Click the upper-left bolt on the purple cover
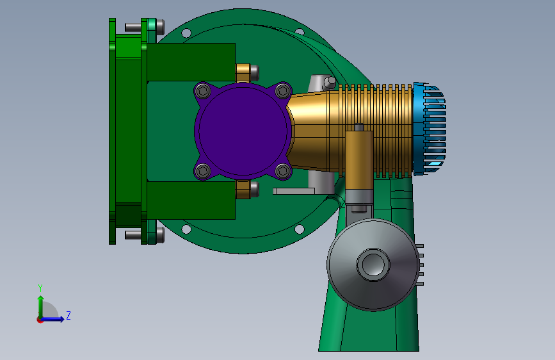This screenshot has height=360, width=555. click(x=203, y=92)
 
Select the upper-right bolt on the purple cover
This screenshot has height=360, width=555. click(x=283, y=91)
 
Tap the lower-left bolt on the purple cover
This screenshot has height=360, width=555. click(x=203, y=171)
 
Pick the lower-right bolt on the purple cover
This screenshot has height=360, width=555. click(x=283, y=171)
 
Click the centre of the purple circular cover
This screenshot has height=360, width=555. click(x=243, y=131)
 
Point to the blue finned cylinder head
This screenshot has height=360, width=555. click(x=430, y=129)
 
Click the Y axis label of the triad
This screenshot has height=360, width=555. click(x=40, y=288)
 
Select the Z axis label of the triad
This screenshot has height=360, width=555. click(x=68, y=315)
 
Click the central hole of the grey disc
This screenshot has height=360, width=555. click(x=373, y=265)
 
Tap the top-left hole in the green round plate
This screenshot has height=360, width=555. click(x=186, y=34)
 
